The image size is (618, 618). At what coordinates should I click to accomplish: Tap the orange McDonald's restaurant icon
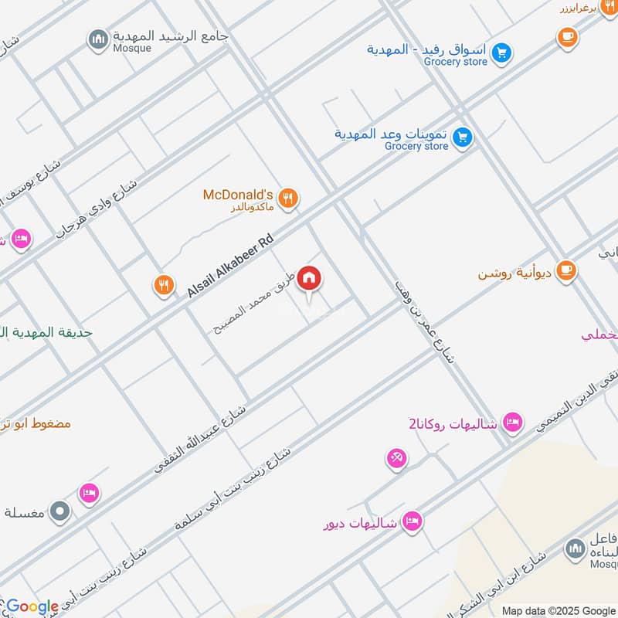click(288, 199)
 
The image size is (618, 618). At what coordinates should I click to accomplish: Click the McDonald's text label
click(238, 195)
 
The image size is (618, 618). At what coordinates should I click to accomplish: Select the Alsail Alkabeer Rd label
click(230, 266)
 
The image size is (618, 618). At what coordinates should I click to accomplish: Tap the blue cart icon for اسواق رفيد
click(502, 53)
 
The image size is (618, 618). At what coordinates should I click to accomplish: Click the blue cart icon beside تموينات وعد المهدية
click(463, 138)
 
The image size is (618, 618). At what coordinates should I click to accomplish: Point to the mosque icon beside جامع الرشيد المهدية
click(98, 40)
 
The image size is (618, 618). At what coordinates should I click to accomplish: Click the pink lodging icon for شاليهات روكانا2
click(511, 423)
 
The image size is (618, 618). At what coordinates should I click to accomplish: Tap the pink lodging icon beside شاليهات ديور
click(413, 521)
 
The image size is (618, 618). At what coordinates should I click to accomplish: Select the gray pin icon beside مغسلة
click(59, 511)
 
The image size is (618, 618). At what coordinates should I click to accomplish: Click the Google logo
click(32, 606)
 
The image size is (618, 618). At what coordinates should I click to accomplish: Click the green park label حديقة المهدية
click(46, 332)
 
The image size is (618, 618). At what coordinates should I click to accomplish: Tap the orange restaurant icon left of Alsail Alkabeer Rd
click(162, 285)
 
